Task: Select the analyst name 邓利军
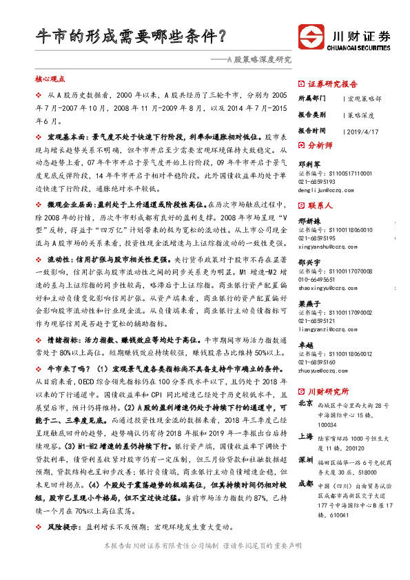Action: [x=307, y=165]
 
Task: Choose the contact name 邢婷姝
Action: [x=307, y=220]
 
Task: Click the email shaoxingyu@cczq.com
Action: [x=327, y=288]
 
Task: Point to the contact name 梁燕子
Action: [x=307, y=304]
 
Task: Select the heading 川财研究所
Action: [x=327, y=389]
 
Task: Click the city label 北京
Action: [x=306, y=404]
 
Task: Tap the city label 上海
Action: [x=306, y=437]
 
